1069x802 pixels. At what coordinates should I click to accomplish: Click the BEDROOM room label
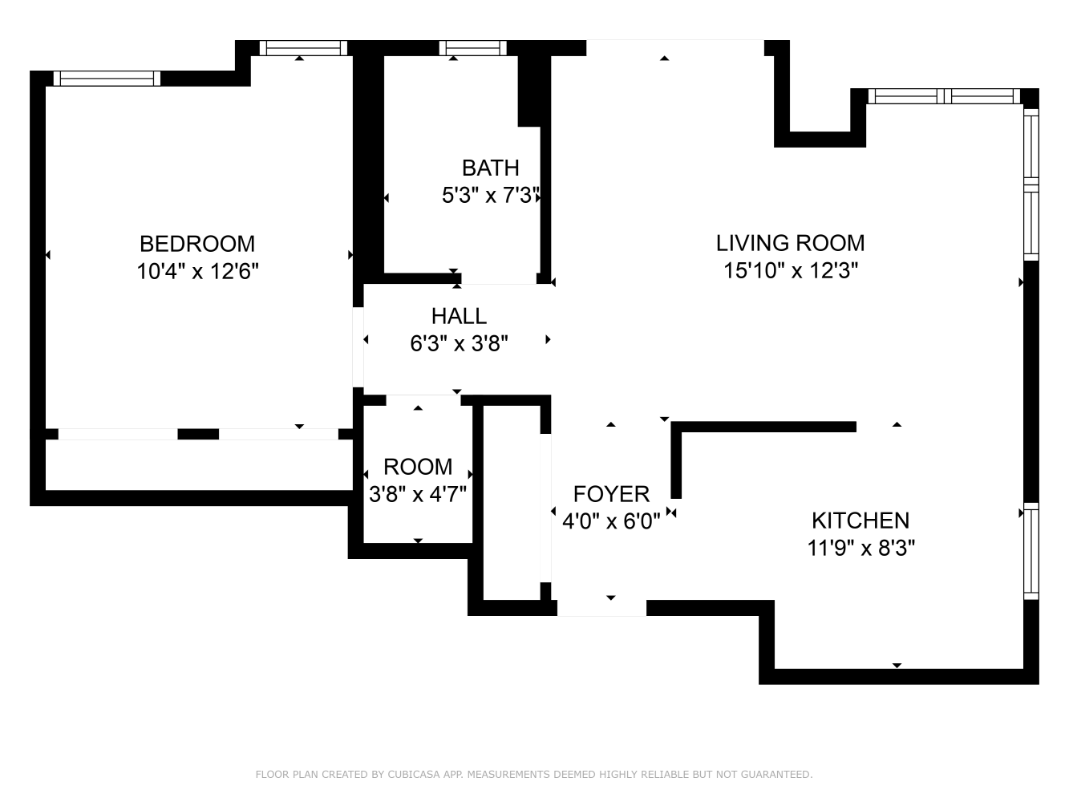coord(197,243)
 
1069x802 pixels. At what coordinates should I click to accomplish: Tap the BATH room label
coord(490,168)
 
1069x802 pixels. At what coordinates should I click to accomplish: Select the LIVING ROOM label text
coord(790,242)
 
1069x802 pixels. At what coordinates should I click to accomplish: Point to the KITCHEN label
coord(860,520)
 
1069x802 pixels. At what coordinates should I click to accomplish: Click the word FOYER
coord(611,493)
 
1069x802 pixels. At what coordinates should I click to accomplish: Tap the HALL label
coord(459,315)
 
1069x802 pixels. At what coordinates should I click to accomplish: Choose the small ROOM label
coord(418,467)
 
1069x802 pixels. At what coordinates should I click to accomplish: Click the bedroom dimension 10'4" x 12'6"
coord(197,271)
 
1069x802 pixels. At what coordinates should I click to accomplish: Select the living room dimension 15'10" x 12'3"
coord(791,271)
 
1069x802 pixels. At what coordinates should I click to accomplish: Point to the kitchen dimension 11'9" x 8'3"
coord(861,549)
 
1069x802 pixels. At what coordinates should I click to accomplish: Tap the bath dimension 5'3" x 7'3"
coord(490,196)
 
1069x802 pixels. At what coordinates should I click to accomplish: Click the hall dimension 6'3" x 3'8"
coord(459,344)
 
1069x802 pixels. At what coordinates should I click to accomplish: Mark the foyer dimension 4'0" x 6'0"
coord(611,522)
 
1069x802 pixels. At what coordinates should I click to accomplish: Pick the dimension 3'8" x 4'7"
coord(418,494)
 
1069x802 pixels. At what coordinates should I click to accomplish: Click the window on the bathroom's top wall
coord(473,48)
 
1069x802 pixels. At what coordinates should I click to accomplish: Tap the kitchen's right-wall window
coord(1031,551)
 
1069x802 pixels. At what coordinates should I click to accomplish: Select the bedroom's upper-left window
coord(107,79)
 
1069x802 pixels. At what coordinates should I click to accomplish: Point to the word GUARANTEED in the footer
coord(775,775)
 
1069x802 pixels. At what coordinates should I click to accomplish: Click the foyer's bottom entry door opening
coord(601,608)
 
